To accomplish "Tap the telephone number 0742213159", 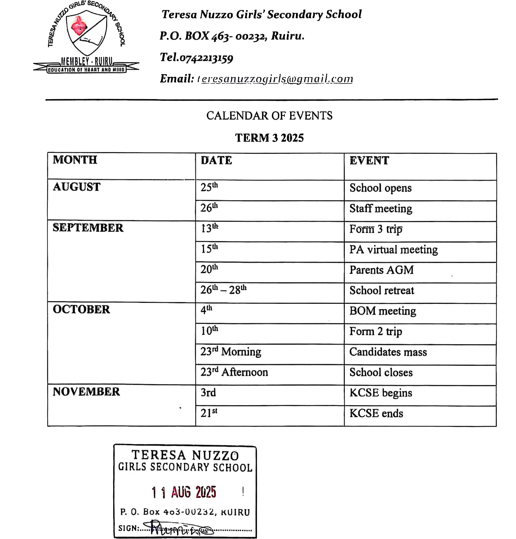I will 206,58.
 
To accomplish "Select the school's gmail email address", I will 276,79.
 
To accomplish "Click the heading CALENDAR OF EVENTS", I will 269,116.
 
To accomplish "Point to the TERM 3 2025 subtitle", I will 269,138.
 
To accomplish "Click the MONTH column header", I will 75,160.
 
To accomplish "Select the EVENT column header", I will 369,161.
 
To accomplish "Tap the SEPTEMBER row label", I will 88,228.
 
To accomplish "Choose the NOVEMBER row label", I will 86,392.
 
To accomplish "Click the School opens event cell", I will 380,188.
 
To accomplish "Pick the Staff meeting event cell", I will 381,209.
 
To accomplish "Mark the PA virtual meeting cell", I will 393,250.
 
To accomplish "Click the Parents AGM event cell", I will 381,270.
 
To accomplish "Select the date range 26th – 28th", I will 223,290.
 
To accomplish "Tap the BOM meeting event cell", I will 383,311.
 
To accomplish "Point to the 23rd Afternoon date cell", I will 234,372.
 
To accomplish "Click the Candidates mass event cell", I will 388,352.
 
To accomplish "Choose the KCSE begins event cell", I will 381,393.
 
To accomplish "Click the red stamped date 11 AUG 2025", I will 184,492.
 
